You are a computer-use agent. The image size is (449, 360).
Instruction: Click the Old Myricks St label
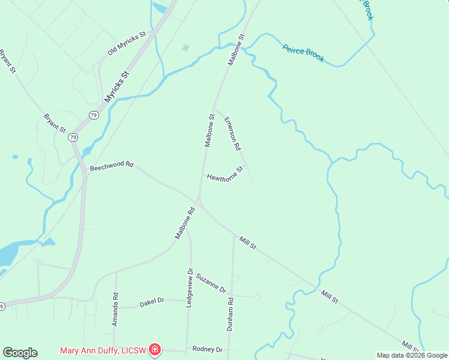(127, 44)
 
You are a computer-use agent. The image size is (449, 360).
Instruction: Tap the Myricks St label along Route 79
(116, 87)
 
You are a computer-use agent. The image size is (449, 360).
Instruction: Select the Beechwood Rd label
(111, 166)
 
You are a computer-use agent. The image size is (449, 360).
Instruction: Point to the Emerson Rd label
(232, 133)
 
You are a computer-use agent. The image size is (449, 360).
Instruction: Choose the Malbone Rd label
(185, 223)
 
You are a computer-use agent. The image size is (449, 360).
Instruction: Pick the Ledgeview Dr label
(189, 288)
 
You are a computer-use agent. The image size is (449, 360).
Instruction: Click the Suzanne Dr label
(211, 281)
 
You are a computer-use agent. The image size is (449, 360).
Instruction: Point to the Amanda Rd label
(115, 310)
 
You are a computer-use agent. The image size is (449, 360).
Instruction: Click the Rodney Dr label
(207, 349)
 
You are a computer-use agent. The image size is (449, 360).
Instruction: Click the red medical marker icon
(155, 349)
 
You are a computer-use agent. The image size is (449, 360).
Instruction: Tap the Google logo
(20, 353)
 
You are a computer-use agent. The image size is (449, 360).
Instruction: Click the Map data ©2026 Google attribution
(412, 355)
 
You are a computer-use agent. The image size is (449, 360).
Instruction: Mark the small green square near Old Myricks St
(186, 47)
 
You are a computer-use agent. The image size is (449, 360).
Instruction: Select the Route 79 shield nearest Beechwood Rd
(73, 137)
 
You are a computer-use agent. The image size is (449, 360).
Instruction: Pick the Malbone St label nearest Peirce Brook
(236, 50)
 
